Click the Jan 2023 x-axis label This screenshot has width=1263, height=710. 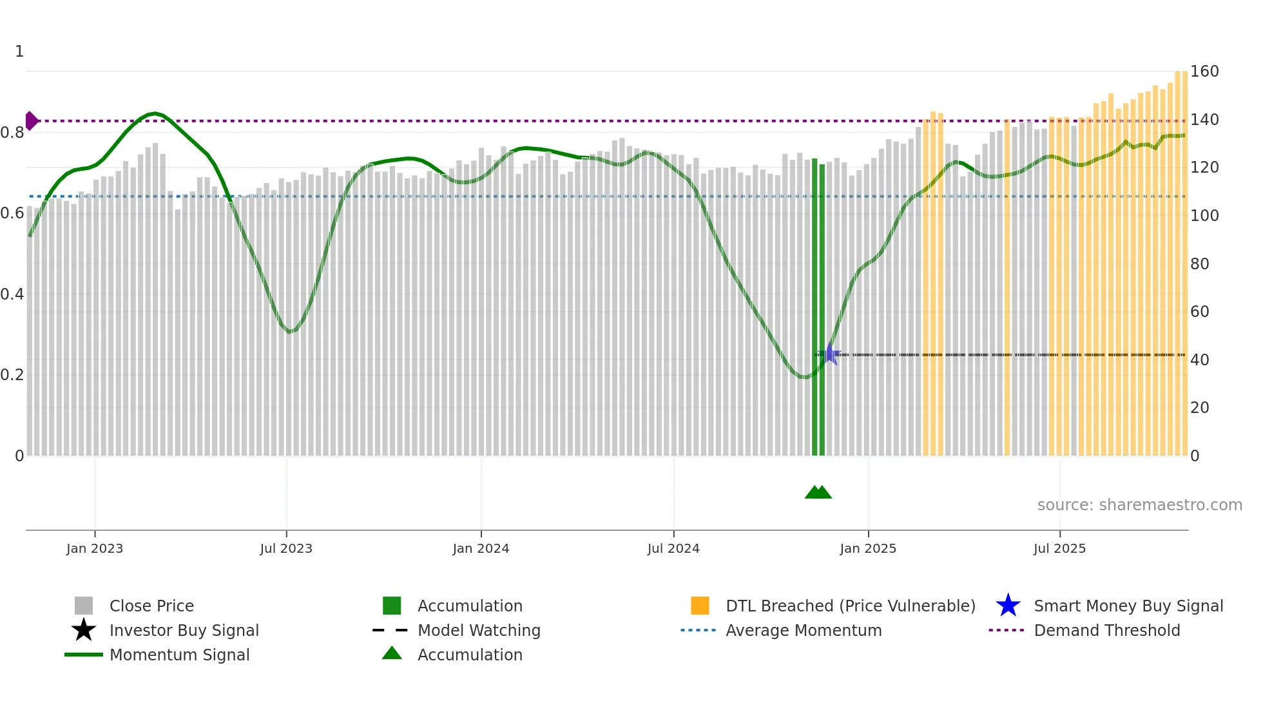coord(94,548)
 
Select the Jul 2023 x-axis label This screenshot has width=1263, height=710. coord(286,548)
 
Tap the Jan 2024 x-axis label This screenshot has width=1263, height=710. coord(481,548)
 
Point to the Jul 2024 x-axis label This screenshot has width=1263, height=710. coord(673,548)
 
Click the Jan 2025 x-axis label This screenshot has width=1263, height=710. coord(868,548)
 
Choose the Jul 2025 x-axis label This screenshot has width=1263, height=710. coord(1059,548)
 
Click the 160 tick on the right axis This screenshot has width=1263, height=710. coord(1204,72)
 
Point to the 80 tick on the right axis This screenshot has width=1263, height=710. coord(1200,264)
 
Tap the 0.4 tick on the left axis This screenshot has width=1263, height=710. coord(12,294)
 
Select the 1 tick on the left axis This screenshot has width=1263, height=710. coord(19,52)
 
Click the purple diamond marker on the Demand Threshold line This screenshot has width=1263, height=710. coord(31,120)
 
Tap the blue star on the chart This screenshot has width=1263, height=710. coord(830,354)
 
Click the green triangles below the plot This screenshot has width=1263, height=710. coord(818,492)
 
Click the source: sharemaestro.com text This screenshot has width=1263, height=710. coord(1139,505)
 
